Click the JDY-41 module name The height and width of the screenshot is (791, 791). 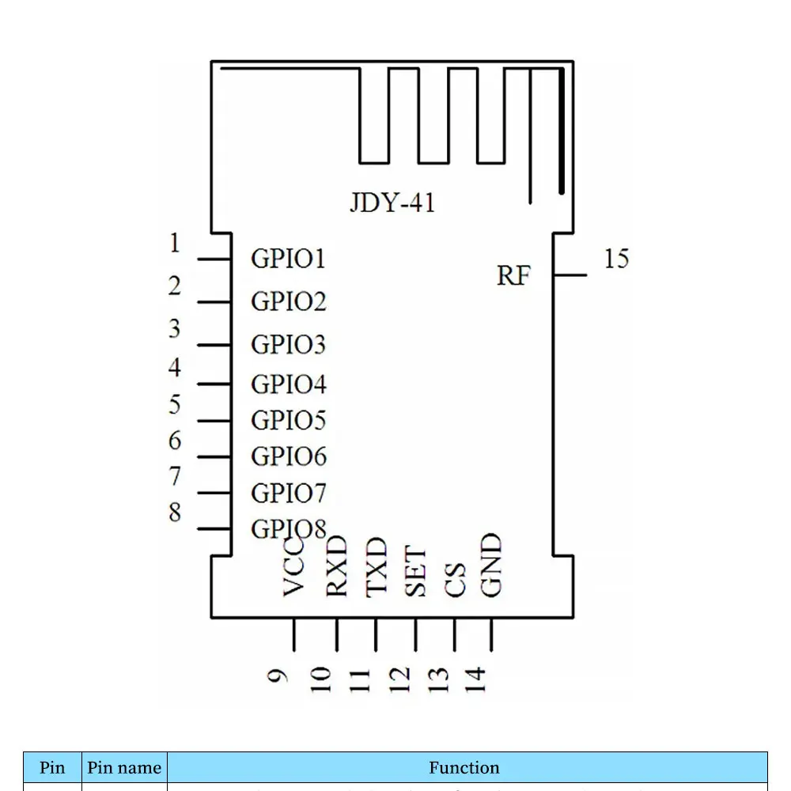392,202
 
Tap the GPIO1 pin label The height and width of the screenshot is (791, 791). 288,259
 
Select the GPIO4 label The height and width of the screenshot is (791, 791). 288,384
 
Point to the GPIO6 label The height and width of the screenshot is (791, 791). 288,456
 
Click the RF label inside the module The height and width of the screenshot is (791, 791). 513,276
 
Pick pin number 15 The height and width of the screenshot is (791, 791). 616,259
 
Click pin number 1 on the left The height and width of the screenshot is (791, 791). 175,244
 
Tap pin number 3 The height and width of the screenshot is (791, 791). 175,328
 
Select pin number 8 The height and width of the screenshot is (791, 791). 175,513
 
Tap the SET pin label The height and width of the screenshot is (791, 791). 416,572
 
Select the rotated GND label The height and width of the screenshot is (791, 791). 492,565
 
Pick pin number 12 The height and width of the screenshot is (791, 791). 399,679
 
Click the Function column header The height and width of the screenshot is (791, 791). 464,767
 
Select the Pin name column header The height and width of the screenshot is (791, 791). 124,767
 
